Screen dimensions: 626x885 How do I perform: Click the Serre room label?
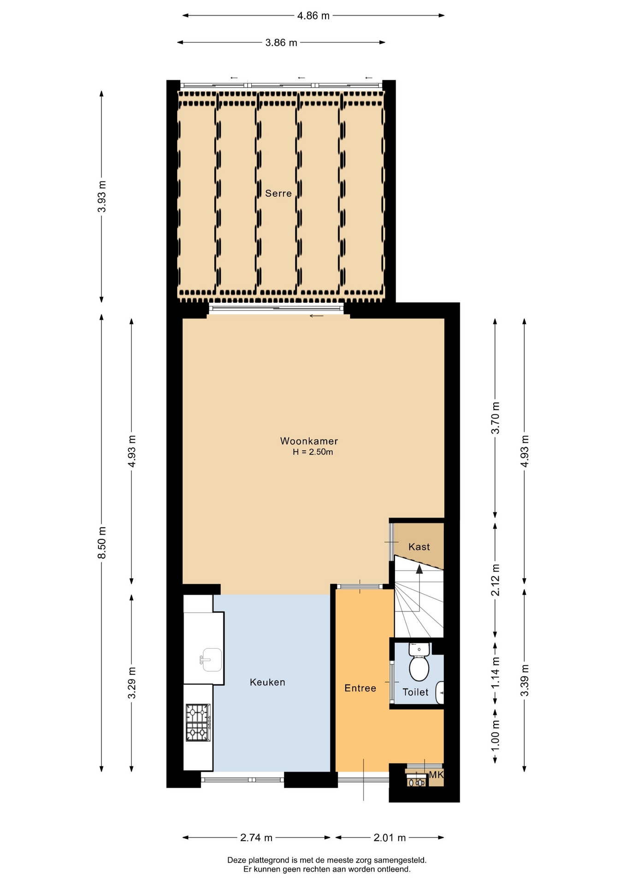pyautogui.click(x=278, y=194)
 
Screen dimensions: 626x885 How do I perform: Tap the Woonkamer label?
pyautogui.click(x=309, y=441)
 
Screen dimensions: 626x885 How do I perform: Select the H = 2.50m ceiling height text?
pyautogui.click(x=313, y=452)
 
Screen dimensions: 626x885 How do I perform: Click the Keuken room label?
pyautogui.click(x=267, y=682)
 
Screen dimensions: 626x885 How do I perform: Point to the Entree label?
pyautogui.click(x=360, y=688)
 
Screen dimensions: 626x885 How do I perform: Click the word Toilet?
pyautogui.click(x=415, y=692)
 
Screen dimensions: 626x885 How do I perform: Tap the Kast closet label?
pyautogui.click(x=419, y=547)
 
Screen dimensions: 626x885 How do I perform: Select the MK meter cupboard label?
pyautogui.click(x=436, y=775)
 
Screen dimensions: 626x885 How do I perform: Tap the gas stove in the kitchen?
pyautogui.click(x=198, y=723)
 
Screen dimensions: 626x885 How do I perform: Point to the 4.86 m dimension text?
pyautogui.click(x=313, y=16)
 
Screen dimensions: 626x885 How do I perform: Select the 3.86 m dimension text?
pyautogui.click(x=281, y=43)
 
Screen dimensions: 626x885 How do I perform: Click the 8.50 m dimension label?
pyautogui.click(x=102, y=543)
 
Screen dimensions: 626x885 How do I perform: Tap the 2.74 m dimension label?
pyautogui.click(x=256, y=838)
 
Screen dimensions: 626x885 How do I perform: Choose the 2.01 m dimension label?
pyautogui.click(x=390, y=838)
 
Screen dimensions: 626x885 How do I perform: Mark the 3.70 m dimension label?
pyautogui.click(x=496, y=418)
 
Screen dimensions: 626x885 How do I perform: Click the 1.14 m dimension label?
pyautogui.click(x=496, y=673)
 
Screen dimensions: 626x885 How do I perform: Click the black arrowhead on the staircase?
pyautogui.click(x=419, y=569)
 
